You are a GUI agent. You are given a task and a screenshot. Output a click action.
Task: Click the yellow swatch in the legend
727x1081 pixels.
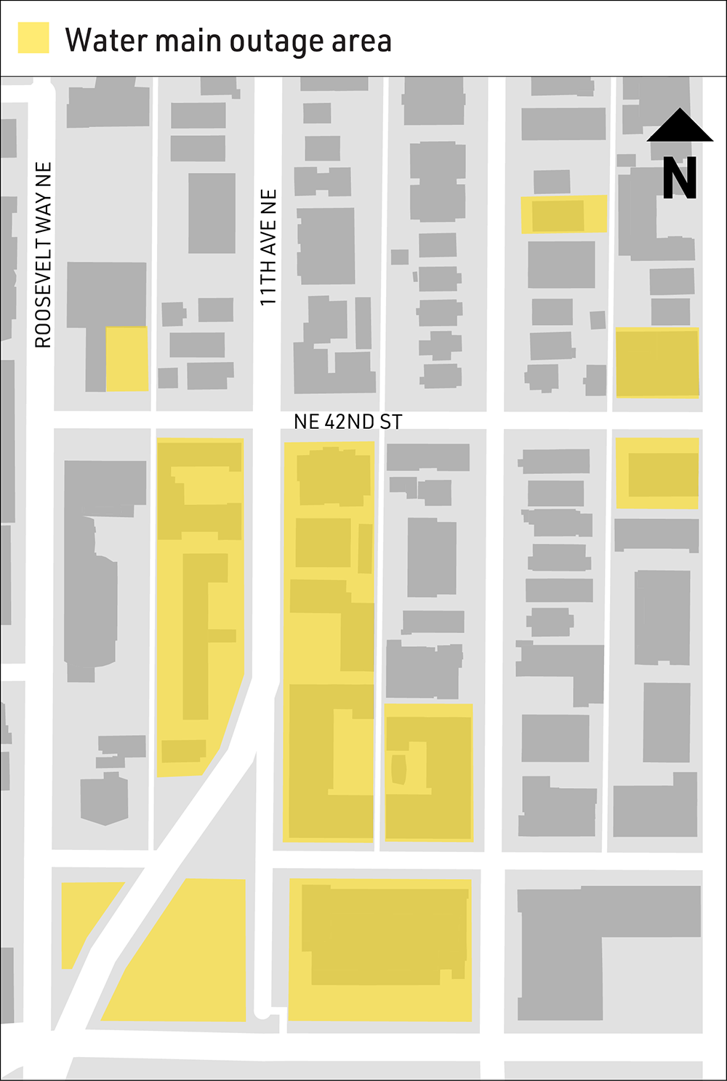coord(33,38)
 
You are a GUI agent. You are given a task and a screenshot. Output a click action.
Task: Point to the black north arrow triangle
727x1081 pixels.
coord(680,126)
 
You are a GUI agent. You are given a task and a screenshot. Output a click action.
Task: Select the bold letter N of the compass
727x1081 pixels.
coord(680,178)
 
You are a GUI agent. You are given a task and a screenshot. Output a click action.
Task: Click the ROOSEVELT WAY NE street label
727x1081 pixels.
coord(44,254)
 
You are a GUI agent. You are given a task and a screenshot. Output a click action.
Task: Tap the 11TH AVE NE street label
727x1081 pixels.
coord(268,247)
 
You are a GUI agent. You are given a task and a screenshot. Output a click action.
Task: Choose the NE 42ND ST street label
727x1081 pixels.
coord(348,422)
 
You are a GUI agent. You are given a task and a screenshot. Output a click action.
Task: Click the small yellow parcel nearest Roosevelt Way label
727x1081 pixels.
coord(127,359)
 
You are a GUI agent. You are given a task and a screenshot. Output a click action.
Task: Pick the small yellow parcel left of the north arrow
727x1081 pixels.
coord(563,214)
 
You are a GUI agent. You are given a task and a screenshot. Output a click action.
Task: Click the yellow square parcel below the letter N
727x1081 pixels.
coord(657,363)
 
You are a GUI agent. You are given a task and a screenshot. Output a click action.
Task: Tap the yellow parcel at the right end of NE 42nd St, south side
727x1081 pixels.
coord(657,473)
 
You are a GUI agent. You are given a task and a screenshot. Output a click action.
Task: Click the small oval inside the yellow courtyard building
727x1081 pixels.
coord(398,769)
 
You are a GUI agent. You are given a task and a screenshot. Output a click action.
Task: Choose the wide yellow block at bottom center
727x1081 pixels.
coord(380,949)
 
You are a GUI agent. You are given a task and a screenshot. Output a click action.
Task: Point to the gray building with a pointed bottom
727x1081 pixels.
coord(105,800)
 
